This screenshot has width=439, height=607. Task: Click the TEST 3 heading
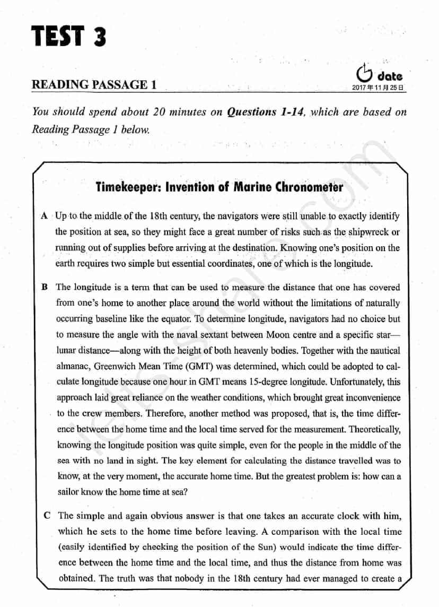(x=69, y=37)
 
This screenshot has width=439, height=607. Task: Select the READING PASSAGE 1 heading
(x=94, y=84)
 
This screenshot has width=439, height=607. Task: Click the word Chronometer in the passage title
(x=309, y=187)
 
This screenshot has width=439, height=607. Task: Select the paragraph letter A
(x=45, y=216)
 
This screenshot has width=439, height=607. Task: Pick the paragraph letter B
(x=45, y=287)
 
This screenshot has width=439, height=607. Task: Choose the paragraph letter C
(x=48, y=516)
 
